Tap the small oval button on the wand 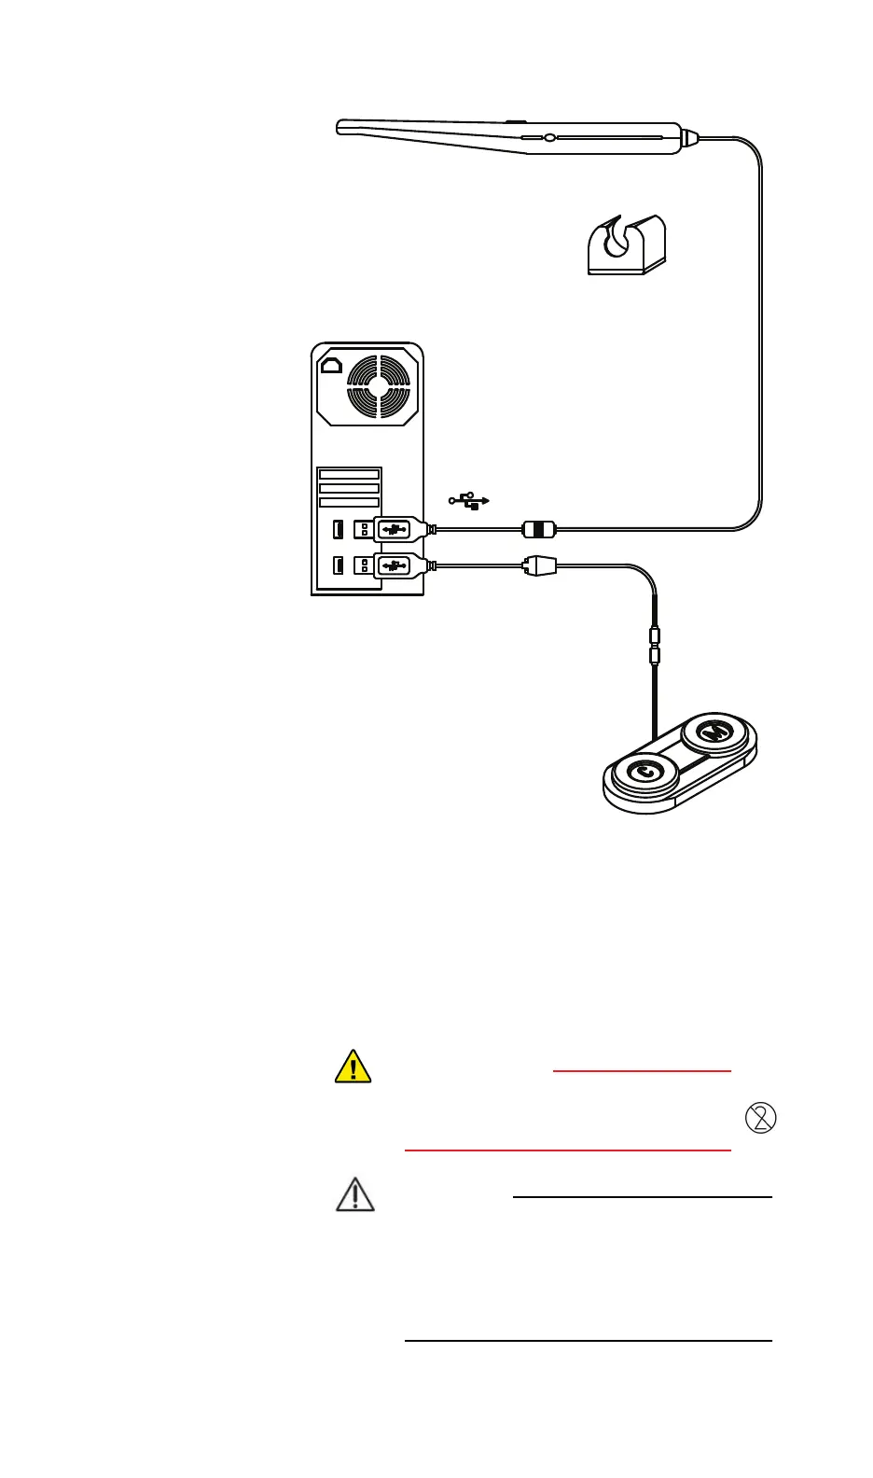click(549, 138)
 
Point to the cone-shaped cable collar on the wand click(688, 138)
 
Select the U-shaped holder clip click(626, 244)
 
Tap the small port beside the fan click(331, 365)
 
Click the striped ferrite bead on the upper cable click(538, 530)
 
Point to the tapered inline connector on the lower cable click(539, 565)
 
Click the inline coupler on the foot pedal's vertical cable click(655, 647)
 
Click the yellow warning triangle click(353, 1067)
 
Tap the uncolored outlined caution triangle click(354, 1194)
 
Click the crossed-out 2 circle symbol click(761, 1118)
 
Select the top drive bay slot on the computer click(349, 475)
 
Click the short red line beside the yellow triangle click(642, 1071)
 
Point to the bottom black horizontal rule click(588, 1341)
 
